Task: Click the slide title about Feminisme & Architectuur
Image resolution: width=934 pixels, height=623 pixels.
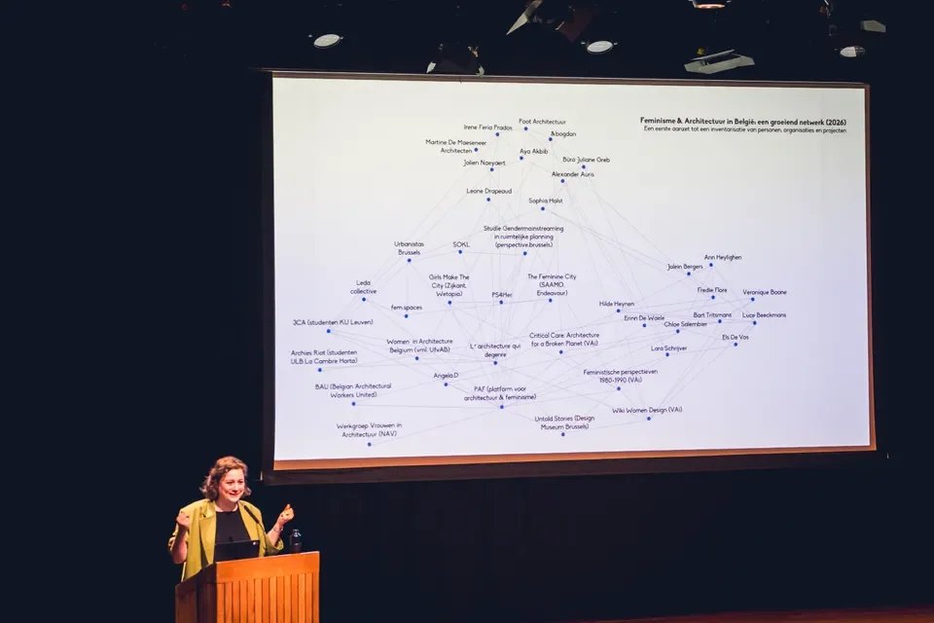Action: [742, 122]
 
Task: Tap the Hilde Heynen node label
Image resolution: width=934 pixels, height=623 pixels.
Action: [616, 304]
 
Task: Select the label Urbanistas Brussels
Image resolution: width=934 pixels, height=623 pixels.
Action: [409, 248]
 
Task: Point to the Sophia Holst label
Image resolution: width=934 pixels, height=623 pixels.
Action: [545, 201]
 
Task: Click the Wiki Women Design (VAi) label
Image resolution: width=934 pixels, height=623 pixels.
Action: [647, 410]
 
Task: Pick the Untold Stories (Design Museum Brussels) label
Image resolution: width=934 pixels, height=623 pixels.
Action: [564, 422]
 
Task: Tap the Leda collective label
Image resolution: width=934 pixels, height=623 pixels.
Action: [363, 287]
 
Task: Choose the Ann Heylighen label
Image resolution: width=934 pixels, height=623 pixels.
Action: [722, 257]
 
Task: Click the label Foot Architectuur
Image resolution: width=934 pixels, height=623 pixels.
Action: [542, 122]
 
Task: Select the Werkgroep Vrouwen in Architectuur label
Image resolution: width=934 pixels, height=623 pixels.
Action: [369, 429]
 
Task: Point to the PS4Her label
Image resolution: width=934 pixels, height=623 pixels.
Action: [501, 294]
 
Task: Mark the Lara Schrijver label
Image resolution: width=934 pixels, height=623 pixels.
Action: [668, 348]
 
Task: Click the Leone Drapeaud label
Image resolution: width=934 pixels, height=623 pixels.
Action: [488, 191]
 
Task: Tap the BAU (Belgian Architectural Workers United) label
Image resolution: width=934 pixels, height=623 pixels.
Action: [352, 390]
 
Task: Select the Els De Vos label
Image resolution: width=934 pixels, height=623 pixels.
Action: [735, 337]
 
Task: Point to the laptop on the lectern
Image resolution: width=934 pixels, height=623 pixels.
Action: [237, 550]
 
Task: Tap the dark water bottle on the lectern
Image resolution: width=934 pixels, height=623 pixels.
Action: [296, 540]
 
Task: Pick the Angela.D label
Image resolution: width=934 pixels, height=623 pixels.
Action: [446, 375]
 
